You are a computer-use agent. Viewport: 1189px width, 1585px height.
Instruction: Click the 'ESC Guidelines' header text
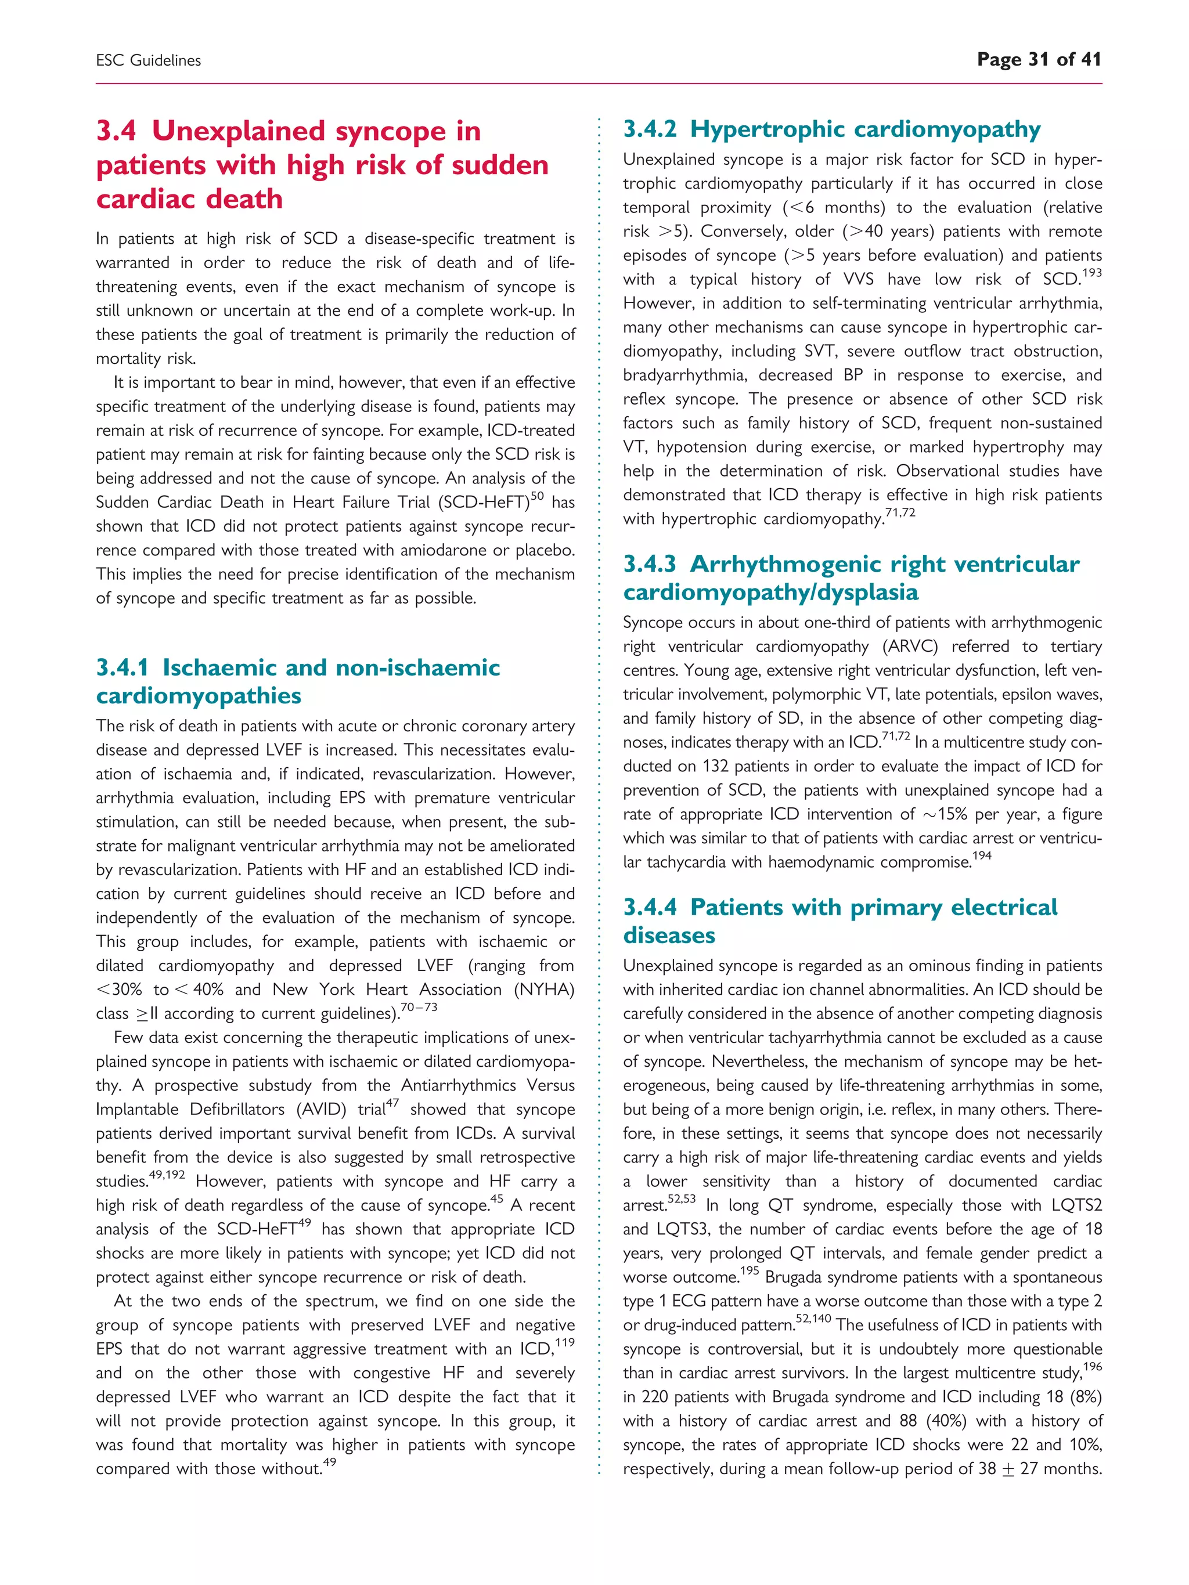149,61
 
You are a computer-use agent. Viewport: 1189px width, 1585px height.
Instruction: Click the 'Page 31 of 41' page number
1039,59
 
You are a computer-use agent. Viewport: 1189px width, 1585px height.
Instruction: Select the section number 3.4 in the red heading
116,131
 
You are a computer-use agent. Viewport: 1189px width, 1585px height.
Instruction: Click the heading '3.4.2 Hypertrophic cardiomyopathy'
831,129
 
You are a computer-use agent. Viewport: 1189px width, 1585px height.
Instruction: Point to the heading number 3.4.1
122,668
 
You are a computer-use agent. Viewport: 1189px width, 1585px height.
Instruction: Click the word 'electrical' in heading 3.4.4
1003,908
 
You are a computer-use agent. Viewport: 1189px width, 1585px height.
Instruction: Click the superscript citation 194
982,855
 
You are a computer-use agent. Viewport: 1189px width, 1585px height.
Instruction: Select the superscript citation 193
1091,273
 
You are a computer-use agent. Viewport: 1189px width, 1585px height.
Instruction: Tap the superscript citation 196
1092,1366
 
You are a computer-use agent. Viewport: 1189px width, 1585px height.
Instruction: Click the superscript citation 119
565,1342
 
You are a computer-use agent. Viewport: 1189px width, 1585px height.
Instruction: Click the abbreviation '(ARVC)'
910,647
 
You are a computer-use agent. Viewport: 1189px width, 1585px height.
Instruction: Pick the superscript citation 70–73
419,1008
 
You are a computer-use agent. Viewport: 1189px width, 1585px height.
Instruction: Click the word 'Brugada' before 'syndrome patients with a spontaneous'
794,1277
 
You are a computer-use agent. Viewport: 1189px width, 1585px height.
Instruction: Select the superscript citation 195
749,1271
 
